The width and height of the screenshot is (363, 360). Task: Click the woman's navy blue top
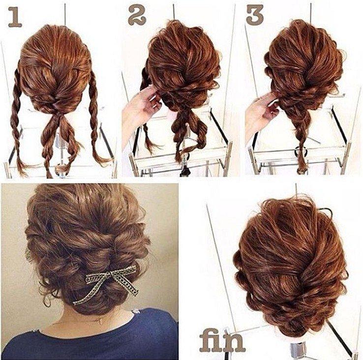(x=89, y=339)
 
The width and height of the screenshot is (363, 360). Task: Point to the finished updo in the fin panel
(x=290, y=261)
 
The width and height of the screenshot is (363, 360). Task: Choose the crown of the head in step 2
(x=177, y=39)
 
